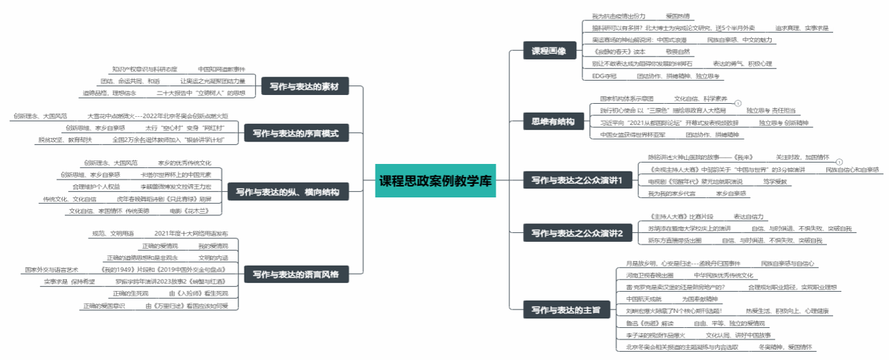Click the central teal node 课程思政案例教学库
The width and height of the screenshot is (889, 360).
pyautogui.click(x=434, y=182)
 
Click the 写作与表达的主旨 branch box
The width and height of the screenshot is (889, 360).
pyautogui.click(x=566, y=310)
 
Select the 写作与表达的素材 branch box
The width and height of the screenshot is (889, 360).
pyautogui.click(x=309, y=87)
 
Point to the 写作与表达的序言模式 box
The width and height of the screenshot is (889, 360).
pyautogui.click(x=296, y=133)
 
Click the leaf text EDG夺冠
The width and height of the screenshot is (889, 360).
pyautogui.click(x=604, y=76)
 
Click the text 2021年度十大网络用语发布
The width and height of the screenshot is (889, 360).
pyautogui.click(x=191, y=234)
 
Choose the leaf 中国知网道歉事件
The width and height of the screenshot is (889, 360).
pyautogui.click(x=221, y=69)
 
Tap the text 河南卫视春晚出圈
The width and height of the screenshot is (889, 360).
pyautogui.click(x=649, y=275)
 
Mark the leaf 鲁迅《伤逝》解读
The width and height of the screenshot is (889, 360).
pyautogui.click(x=649, y=323)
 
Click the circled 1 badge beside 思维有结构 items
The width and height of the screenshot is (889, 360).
pyautogui.click(x=738, y=103)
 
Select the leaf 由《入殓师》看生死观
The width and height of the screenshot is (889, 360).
pyautogui.click(x=198, y=293)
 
